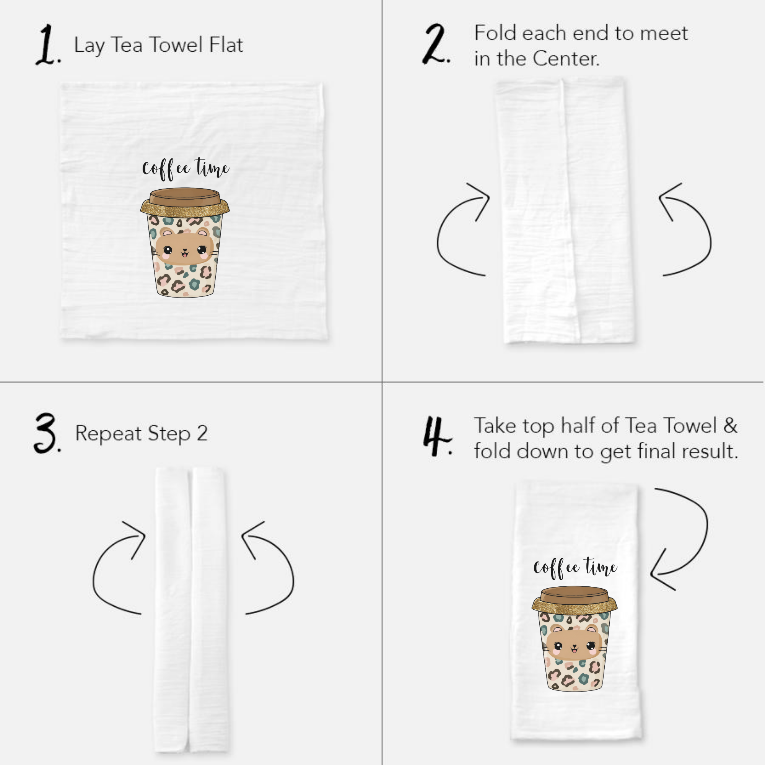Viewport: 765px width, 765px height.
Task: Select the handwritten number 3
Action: tap(47, 433)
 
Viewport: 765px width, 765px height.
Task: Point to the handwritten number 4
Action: tap(436, 436)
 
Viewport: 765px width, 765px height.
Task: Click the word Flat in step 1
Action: tap(226, 44)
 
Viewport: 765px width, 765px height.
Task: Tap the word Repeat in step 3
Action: tap(108, 433)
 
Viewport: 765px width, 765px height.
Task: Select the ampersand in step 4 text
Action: tap(730, 426)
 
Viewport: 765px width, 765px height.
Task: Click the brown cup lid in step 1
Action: tap(185, 197)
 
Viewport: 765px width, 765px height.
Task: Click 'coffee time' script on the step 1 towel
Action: tap(185, 169)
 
